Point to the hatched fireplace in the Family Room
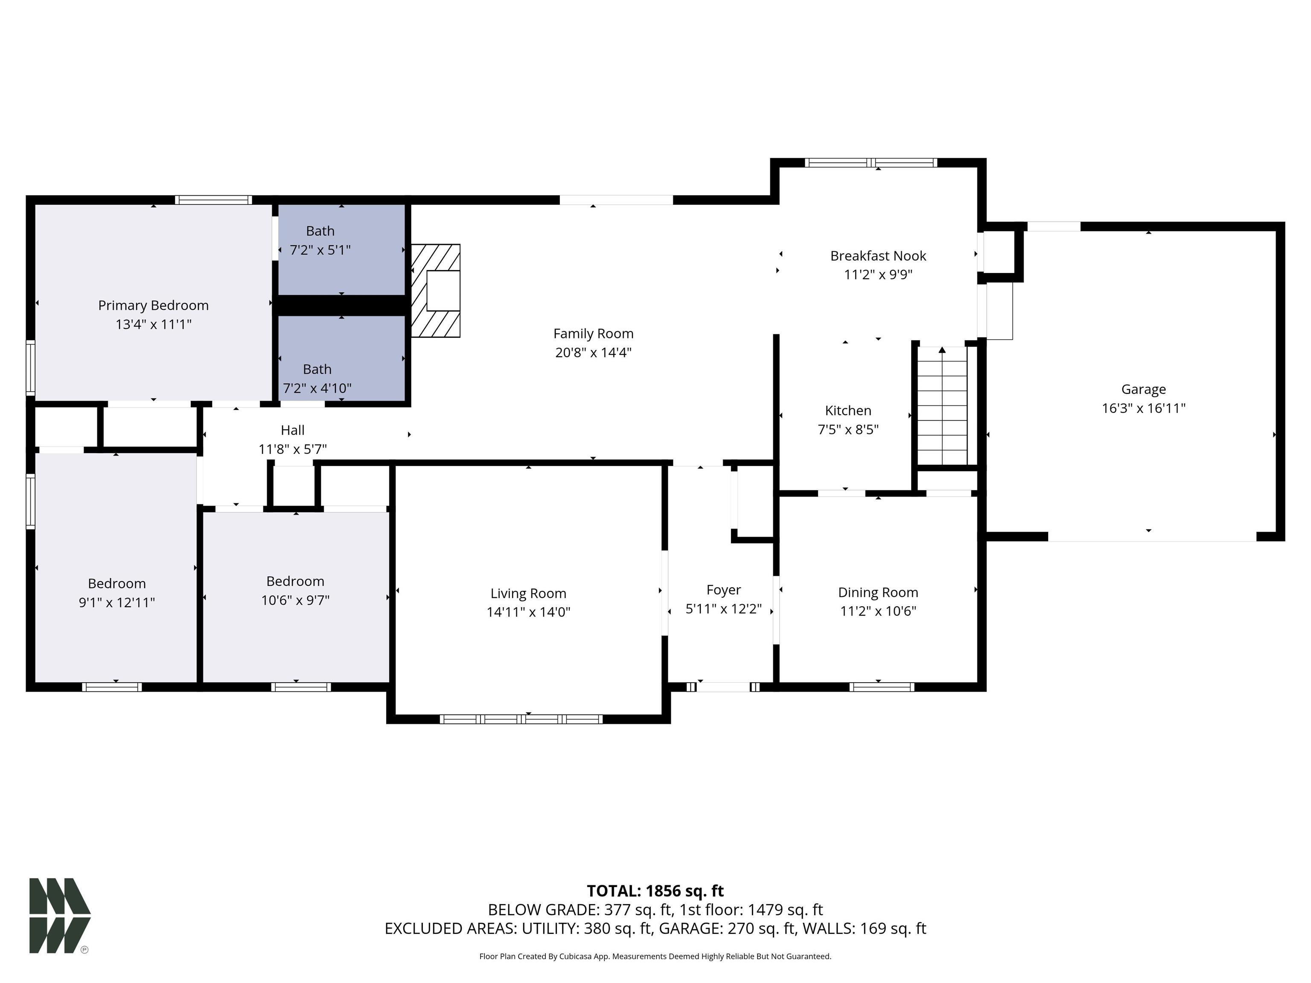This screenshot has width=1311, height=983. [x=436, y=291]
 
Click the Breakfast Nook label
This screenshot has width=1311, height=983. [x=878, y=256]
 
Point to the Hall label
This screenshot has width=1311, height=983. [x=293, y=430]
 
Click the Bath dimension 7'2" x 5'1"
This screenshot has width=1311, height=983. [x=320, y=250]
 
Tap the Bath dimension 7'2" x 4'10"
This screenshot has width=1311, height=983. [x=317, y=388]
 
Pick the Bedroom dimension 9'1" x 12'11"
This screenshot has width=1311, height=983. [x=117, y=602]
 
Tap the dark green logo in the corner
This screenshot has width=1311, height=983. [x=60, y=916]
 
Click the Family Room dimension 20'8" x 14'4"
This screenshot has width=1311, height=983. [x=593, y=352]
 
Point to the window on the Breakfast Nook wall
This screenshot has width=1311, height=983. [x=871, y=163]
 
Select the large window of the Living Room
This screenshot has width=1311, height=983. [x=521, y=719]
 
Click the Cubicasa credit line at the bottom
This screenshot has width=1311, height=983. [x=655, y=957]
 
